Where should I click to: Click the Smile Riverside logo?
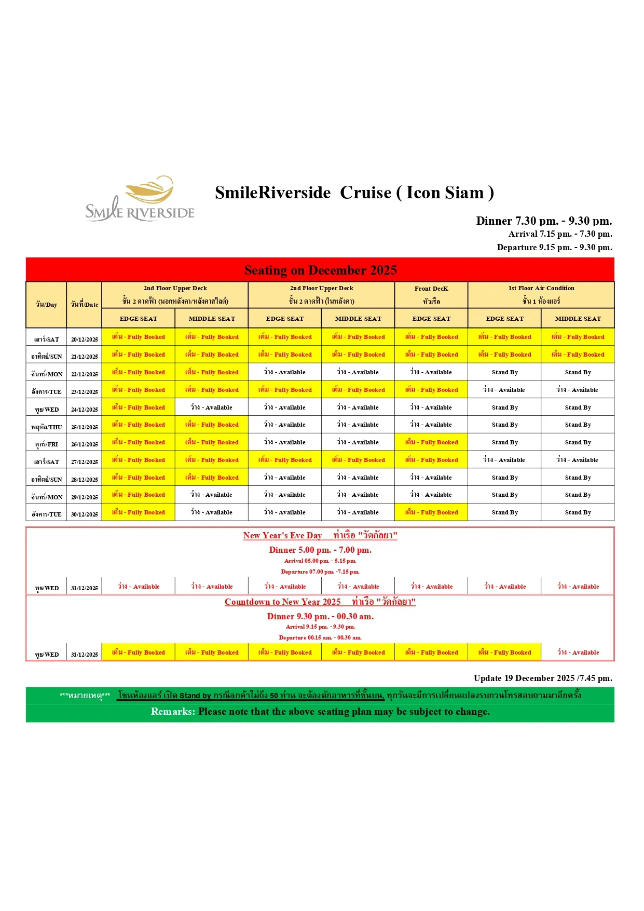tap(140, 199)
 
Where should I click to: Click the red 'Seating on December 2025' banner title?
tap(320, 270)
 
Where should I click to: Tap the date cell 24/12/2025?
tap(84, 410)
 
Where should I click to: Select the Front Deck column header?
tap(431, 294)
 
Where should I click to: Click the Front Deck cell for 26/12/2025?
tap(431, 442)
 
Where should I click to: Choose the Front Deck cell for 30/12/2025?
tap(431, 512)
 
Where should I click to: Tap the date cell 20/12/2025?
tap(84, 339)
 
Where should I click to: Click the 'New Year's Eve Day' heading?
tap(282, 535)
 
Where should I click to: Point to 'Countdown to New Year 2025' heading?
tap(282, 602)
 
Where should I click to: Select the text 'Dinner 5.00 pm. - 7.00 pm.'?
tap(320, 550)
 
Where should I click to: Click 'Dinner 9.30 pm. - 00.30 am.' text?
tap(320, 616)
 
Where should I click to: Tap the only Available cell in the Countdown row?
tap(578, 652)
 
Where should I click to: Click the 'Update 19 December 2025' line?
tap(542, 678)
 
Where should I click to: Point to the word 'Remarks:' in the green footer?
tap(173, 712)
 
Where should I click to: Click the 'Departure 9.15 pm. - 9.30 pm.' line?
tap(554, 247)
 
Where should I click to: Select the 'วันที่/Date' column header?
tap(84, 305)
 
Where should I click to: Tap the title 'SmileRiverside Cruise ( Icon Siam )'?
tap(354, 193)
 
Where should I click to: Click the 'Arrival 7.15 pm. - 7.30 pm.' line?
tap(560, 234)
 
